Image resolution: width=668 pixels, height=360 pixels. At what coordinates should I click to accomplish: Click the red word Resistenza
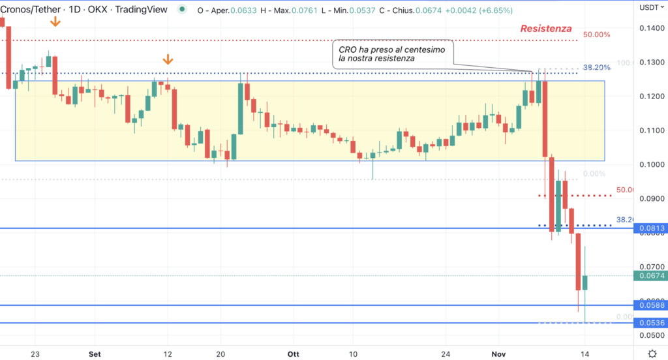546,29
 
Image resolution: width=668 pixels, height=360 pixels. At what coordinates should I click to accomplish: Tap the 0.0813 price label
652,228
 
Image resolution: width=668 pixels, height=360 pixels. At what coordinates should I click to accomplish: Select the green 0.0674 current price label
652,276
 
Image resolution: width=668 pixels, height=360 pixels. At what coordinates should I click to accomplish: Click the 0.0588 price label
652,305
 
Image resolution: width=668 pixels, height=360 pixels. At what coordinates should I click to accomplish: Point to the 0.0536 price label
652,323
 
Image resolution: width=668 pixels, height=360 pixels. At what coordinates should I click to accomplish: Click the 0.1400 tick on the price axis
652,28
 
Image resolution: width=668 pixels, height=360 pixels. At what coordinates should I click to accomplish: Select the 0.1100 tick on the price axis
652,130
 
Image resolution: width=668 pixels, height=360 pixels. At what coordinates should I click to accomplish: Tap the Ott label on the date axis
293,353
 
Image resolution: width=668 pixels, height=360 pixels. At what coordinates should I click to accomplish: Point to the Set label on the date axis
95,353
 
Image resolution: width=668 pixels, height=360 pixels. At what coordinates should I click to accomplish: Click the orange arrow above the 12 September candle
168,61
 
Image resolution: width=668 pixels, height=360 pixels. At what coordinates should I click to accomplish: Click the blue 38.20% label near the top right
596,67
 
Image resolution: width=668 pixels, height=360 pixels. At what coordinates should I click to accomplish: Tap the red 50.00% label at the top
596,35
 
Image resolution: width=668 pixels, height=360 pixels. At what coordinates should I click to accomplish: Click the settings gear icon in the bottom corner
652,353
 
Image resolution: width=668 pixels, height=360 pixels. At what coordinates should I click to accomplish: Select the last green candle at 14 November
585,282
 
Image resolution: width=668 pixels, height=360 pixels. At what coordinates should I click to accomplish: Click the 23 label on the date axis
35,353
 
